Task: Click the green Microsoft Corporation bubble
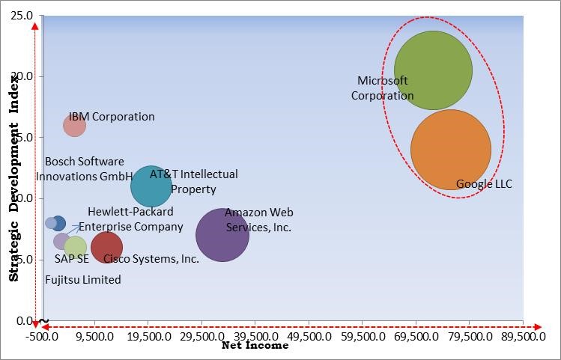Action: (433, 70)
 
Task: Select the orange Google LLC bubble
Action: (451, 150)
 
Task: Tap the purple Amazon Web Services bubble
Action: (222, 235)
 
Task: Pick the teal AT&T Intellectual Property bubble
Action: (151, 186)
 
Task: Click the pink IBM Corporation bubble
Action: (74, 125)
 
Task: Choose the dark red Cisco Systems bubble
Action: (106, 246)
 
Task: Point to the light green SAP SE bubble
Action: (76, 247)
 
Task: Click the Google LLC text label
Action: (484, 184)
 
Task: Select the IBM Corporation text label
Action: (112, 117)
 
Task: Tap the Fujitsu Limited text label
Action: (83, 280)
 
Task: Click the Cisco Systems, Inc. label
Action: (151, 259)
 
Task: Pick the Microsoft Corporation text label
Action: (382, 88)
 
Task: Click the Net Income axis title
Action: (255, 347)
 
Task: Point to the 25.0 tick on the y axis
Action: (22, 16)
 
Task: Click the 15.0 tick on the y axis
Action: (22, 138)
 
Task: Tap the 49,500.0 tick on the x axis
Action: (309, 338)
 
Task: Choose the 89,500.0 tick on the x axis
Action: (523, 338)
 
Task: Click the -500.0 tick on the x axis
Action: (42, 338)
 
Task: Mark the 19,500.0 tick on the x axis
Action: (148, 338)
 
